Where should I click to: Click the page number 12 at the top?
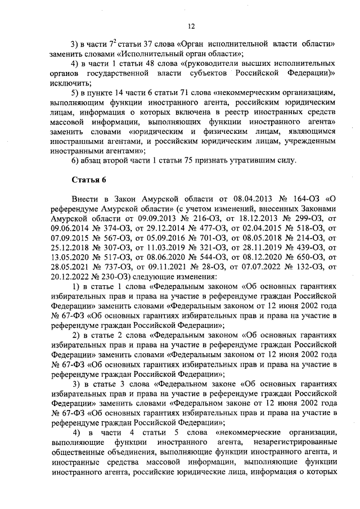191,25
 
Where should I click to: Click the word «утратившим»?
249,160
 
